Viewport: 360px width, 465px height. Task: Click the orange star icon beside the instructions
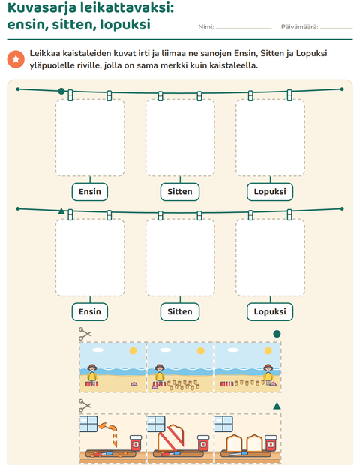click(16, 59)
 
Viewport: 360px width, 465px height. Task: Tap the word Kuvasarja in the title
click(42, 7)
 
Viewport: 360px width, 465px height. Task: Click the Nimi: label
click(206, 27)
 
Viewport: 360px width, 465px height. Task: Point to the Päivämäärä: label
click(299, 27)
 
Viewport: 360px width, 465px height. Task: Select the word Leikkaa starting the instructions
click(44, 54)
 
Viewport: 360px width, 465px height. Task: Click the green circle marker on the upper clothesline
click(61, 91)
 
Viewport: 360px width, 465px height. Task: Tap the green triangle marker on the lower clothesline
click(61, 211)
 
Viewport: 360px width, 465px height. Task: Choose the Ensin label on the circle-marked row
click(90, 192)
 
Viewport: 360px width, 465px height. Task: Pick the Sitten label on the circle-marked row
click(180, 192)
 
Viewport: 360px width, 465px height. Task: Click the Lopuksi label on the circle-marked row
click(270, 192)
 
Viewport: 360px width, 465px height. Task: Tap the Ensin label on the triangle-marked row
click(90, 312)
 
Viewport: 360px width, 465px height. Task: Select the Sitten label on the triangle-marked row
click(180, 312)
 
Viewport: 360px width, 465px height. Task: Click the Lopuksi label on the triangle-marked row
click(270, 312)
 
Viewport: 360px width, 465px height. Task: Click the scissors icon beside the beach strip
click(85, 334)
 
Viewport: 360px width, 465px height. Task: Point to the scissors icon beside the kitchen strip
click(85, 406)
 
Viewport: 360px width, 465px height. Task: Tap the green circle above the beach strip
click(277, 334)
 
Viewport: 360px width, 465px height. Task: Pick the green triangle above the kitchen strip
click(277, 406)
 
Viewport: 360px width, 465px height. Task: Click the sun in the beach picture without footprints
click(133, 351)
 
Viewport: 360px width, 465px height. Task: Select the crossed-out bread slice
click(171, 437)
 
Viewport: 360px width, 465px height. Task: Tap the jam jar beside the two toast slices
click(271, 443)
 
